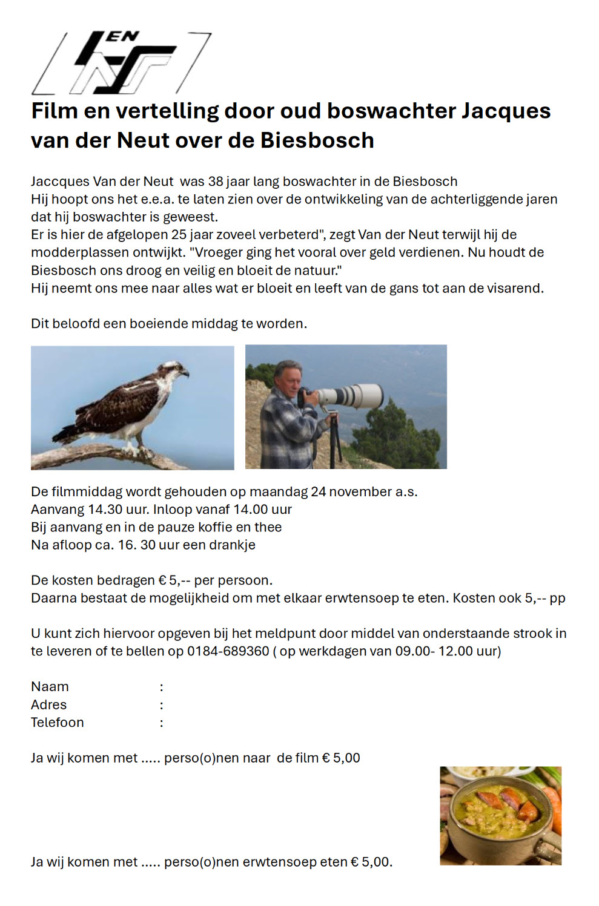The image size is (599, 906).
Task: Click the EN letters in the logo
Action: pyautogui.click(x=124, y=37)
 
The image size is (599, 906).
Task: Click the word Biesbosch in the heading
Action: pyautogui.click(x=317, y=140)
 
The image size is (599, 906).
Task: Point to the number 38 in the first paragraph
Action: pyautogui.click(x=216, y=182)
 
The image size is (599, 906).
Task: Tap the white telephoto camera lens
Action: pyautogui.click(x=352, y=396)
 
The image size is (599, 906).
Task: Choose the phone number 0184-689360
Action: pyautogui.click(x=228, y=651)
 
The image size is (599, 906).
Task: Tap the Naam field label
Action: pyautogui.click(x=50, y=687)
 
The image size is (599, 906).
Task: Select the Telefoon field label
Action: pyautogui.click(x=58, y=723)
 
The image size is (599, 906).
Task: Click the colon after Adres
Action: pyautogui.click(x=161, y=705)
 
